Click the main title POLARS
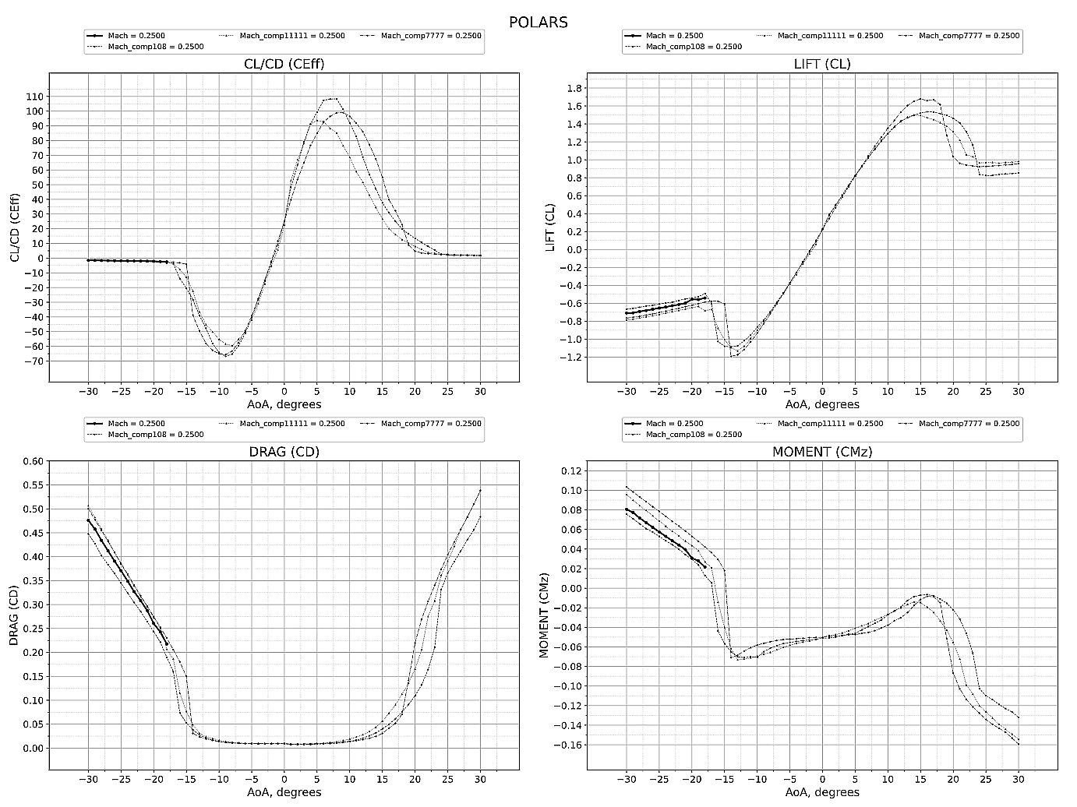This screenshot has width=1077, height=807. click(538, 22)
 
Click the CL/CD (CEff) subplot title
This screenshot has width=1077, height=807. click(284, 64)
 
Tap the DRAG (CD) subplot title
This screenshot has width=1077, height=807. click(284, 452)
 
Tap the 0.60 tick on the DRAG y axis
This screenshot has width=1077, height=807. click(32, 461)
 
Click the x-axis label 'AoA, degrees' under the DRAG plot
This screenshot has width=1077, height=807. click(284, 793)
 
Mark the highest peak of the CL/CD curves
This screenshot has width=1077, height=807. click(331, 98)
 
